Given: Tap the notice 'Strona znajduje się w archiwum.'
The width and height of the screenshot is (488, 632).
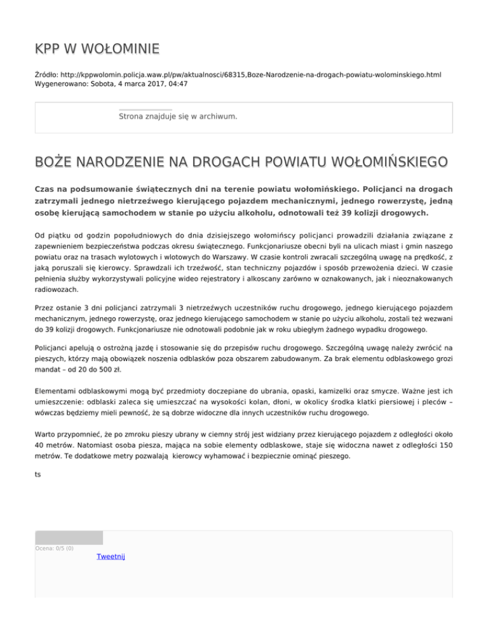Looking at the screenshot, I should [178, 117].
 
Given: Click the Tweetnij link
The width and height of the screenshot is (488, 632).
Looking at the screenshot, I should [111, 557].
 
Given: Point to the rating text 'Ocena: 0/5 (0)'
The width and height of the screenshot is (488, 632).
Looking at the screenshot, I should [54, 549].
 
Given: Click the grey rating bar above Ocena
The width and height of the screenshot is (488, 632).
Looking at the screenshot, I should [69, 537].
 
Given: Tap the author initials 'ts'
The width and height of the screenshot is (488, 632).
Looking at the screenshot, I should [38, 474].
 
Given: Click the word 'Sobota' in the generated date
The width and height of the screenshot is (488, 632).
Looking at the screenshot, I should [104, 84].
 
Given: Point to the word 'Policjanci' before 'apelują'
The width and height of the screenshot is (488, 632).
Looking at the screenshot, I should [54, 348].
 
